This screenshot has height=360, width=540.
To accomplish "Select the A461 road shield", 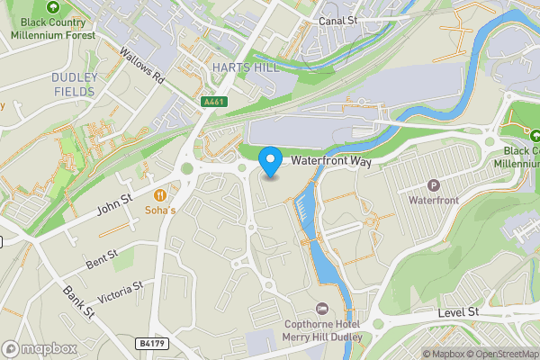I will (x=213, y=103).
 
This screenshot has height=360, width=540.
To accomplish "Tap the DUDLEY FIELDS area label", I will (x=74, y=84).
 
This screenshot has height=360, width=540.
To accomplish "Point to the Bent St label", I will (x=102, y=260).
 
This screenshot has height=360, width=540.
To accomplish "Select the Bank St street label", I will (x=78, y=302).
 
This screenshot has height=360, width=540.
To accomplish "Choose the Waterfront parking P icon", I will (x=434, y=184).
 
